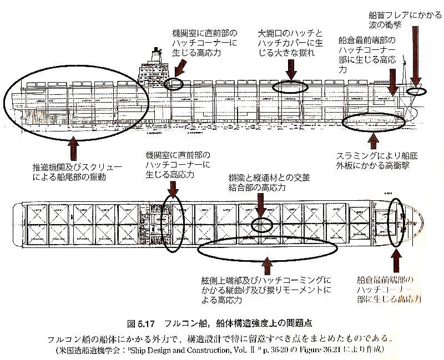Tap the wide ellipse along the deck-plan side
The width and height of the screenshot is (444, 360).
click(x=267, y=251)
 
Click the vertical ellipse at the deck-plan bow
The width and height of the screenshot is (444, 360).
click(x=396, y=221)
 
